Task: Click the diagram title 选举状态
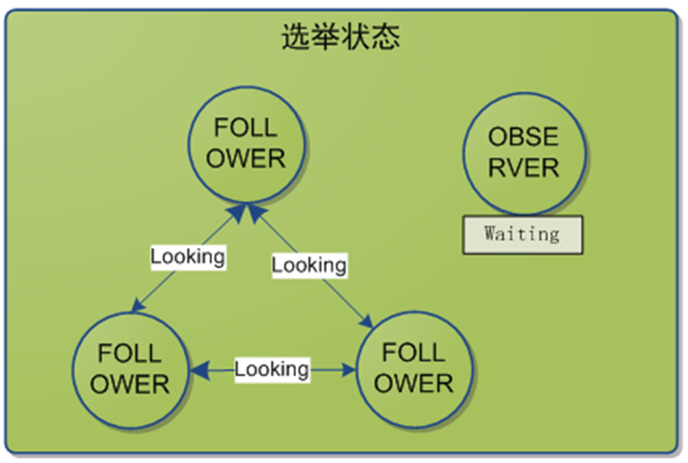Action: point(340,36)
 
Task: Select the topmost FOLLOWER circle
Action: point(245,145)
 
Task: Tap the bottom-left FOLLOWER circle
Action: point(131,369)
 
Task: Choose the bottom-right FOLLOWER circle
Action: point(413,369)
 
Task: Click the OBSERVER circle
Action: point(524,151)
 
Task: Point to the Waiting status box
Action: point(522,235)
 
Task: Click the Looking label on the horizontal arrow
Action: point(272,369)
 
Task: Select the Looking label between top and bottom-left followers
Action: point(188,257)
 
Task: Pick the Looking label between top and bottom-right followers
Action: point(308,265)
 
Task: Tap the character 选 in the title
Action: point(295,36)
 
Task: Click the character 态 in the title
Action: point(386,36)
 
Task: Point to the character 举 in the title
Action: point(325,36)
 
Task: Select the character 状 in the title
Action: point(356,36)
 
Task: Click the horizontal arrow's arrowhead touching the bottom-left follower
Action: point(197,369)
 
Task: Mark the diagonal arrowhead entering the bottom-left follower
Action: point(135,307)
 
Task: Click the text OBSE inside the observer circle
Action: point(524,137)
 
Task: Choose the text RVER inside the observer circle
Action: point(524,166)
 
